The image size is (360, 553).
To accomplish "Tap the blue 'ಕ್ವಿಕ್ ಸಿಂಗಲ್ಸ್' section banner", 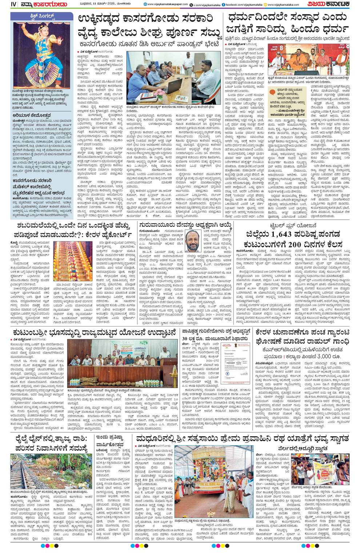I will coord(40,17).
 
